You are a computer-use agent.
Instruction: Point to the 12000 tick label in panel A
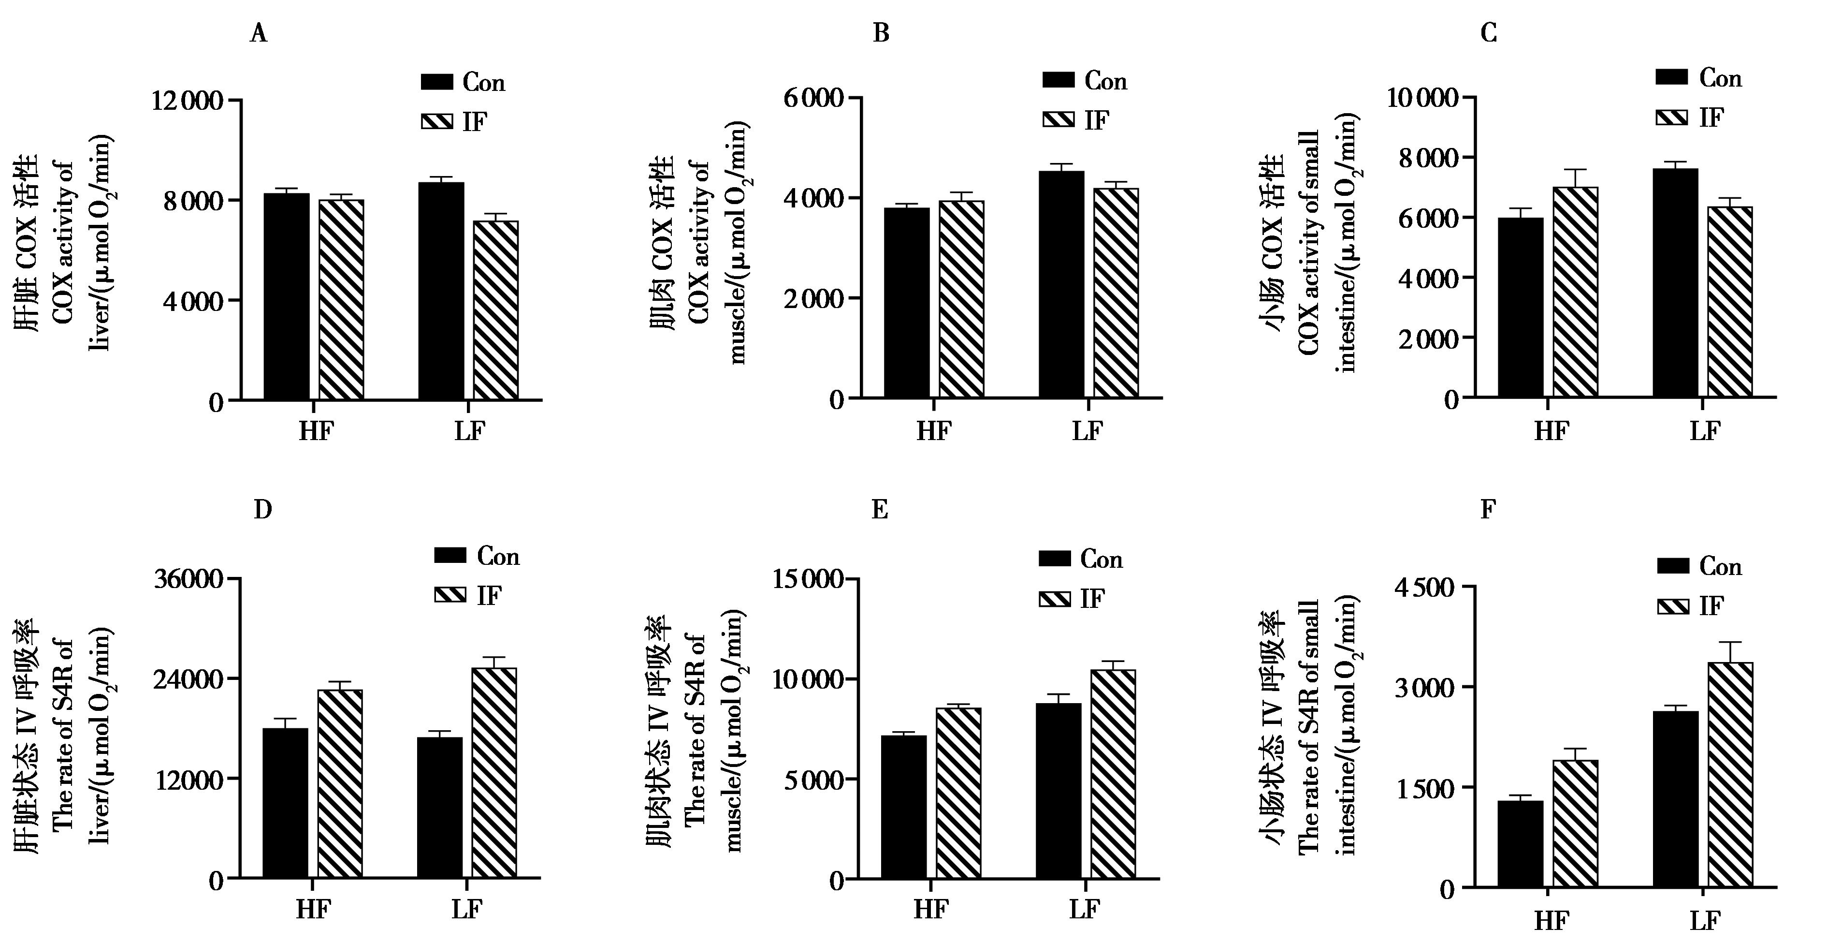187,101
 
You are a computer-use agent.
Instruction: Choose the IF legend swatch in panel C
1672,117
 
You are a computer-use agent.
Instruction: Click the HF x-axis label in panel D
314,909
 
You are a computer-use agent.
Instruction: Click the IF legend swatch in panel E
1055,598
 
